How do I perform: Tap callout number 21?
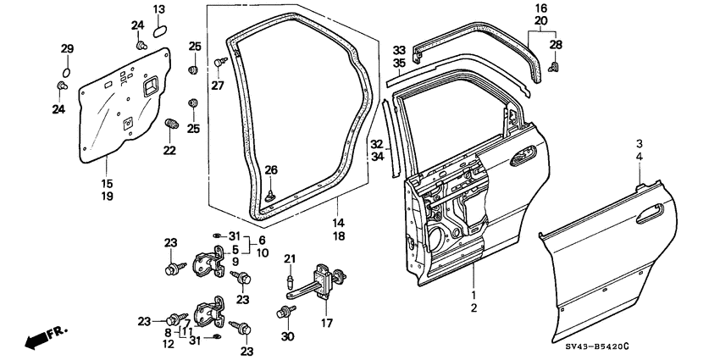289,258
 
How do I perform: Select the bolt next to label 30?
282,313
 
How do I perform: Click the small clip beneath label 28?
554,63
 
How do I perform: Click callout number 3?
640,143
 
